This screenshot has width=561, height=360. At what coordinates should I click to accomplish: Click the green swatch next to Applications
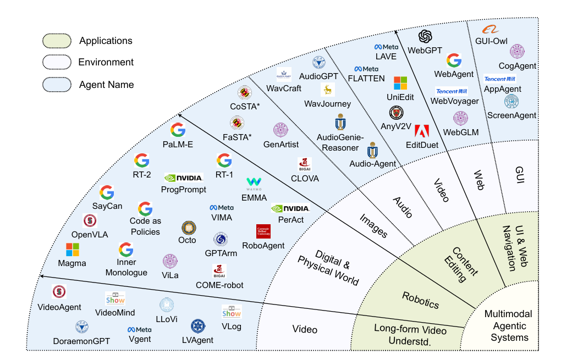click(57, 41)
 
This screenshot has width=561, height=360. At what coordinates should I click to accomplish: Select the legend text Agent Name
click(106, 85)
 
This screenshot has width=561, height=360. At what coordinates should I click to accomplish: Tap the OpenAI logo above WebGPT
click(425, 36)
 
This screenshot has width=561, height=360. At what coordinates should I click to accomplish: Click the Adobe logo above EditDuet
click(422, 131)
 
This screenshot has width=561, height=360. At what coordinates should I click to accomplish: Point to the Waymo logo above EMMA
click(254, 184)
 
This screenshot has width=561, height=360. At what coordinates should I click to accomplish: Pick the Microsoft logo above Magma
click(72, 250)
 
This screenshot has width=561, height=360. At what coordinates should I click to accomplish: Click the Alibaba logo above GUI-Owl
click(490, 29)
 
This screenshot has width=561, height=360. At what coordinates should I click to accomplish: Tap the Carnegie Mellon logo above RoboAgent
click(263, 231)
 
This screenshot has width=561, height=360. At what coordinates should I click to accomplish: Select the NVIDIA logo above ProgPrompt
click(184, 178)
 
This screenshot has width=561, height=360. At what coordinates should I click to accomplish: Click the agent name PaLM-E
click(178, 145)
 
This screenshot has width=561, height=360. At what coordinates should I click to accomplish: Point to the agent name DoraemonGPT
click(81, 341)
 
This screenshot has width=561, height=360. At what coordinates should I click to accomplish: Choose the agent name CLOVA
click(305, 179)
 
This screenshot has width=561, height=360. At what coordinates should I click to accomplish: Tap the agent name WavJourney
click(327, 104)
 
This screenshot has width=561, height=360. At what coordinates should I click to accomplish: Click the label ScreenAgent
click(512, 115)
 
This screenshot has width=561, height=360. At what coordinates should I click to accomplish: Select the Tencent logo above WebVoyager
click(452, 91)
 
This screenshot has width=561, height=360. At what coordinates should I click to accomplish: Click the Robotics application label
click(420, 300)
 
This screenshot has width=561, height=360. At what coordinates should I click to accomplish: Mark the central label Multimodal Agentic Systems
click(509, 326)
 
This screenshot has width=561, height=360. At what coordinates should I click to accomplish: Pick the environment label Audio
click(403, 207)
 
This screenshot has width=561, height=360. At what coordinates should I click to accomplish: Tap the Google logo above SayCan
click(107, 193)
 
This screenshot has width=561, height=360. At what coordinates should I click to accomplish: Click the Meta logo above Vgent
click(140, 330)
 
